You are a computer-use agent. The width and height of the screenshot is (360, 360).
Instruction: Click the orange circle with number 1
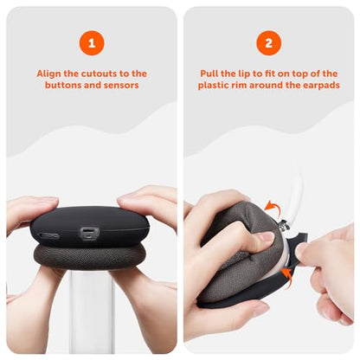point(92,43)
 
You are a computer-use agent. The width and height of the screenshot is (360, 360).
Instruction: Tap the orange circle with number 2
point(268,43)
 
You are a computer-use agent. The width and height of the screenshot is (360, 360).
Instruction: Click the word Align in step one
point(48,74)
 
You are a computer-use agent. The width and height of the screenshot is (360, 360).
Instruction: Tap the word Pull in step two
point(209,74)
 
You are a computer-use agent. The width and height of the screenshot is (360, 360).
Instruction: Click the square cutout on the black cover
point(89,233)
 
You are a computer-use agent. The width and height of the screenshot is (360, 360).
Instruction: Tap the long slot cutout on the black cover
point(49,235)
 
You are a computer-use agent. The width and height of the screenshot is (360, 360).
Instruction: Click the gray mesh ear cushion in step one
point(89,255)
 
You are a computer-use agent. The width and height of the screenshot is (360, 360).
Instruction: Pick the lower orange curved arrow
point(287,278)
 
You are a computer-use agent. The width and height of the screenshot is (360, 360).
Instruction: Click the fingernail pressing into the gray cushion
point(266,236)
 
